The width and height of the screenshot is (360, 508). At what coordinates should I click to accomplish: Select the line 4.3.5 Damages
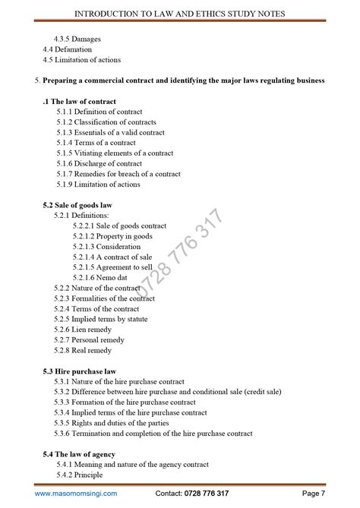pyautogui.click(x=78, y=38)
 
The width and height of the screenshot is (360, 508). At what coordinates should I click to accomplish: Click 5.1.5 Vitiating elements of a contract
pyautogui.click(x=115, y=153)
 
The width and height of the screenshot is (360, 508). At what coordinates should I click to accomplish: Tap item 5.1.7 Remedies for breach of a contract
pyautogui.click(x=118, y=174)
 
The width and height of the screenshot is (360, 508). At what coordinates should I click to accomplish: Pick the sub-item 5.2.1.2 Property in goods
pyautogui.click(x=112, y=236)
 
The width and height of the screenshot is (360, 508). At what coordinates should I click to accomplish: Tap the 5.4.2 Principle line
pyautogui.click(x=80, y=475)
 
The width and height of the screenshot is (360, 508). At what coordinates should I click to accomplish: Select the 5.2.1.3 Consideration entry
pyautogui.click(x=107, y=247)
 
